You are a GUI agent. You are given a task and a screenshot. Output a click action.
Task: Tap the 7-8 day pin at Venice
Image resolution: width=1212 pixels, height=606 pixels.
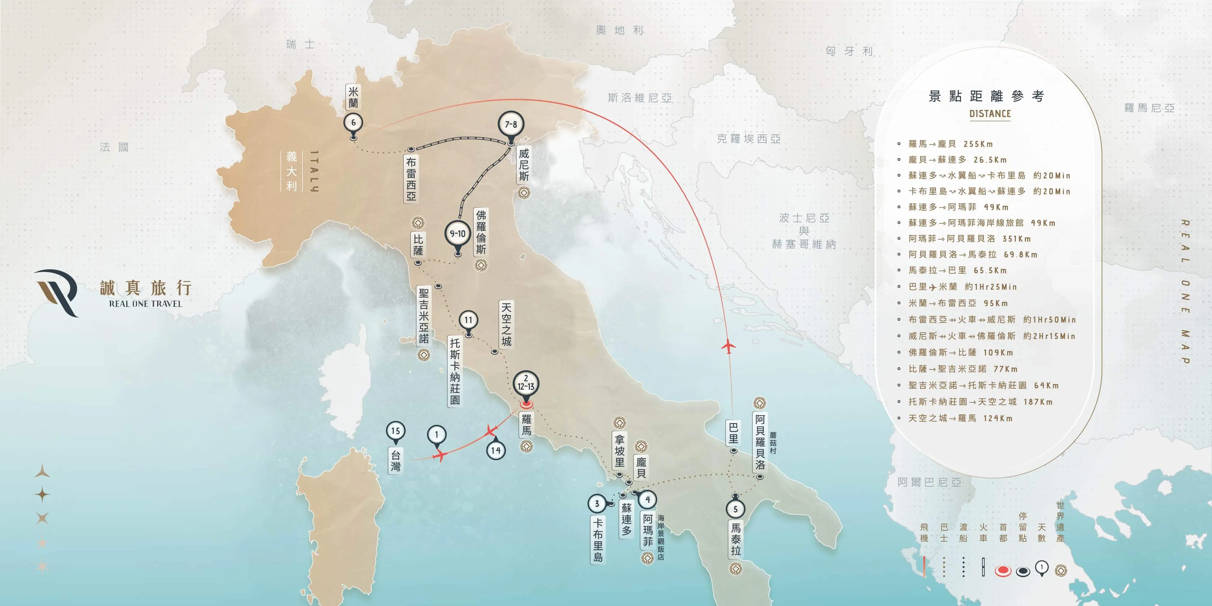coord(510,124)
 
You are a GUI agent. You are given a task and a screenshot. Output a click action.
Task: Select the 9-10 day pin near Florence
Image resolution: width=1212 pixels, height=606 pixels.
coord(457,233)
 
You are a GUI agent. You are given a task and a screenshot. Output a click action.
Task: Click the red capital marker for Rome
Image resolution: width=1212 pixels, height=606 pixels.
coord(526,404)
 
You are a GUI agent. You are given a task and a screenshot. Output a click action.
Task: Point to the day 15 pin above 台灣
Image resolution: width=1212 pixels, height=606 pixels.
coord(395,431)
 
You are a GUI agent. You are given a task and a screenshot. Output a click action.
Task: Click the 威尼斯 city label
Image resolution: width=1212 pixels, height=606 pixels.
coord(524,165)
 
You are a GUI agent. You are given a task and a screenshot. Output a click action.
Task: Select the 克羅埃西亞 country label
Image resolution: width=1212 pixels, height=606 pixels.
coord(749,139)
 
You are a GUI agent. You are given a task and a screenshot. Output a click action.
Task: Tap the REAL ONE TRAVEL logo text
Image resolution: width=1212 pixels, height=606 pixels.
coord(145,304)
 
